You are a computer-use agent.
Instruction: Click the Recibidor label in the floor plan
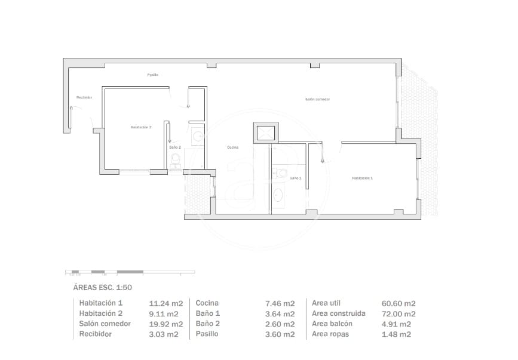click(x=84, y=97)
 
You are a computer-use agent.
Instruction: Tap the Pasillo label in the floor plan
click(x=153, y=75)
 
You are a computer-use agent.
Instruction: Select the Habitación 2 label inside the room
click(x=141, y=127)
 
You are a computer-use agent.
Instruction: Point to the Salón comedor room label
click(x=317, y=99)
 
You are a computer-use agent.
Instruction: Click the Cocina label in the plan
click(x=233, y=147)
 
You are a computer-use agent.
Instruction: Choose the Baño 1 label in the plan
click(x=296, y=178)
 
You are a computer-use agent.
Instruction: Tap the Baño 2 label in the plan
click(x=175, y=147)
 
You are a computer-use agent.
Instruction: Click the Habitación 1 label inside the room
click(x=362, y=178)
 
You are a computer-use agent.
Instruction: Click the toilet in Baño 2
click(x=175, y=159)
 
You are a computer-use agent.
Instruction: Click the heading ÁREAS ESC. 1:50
click(x=102, y=287)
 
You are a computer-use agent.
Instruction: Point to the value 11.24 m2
click(x=164, y=303)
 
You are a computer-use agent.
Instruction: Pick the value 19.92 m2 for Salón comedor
click(x=165, y=324)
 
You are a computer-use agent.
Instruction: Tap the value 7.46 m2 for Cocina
click(x=280, y=303)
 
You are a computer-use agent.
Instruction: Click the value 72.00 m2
click(x=398, y=313)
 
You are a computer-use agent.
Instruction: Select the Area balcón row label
click(x=332, y=324)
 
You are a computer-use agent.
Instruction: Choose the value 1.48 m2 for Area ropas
click(x=396, y=334)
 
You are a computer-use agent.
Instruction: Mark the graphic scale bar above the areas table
click(x=130, y=272)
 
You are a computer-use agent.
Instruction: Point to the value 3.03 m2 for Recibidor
click(x=164, y=334)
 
